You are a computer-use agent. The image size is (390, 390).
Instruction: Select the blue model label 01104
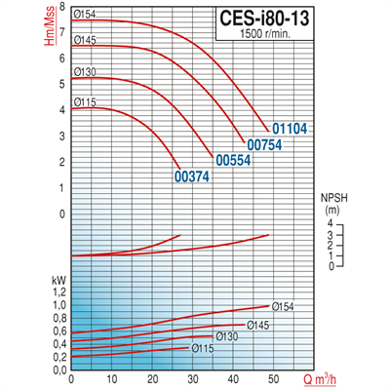[x=290, y=128]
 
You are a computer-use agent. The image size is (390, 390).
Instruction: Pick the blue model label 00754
[x=264, y=144]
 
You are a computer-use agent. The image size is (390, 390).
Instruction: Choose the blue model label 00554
[x=233, y=160]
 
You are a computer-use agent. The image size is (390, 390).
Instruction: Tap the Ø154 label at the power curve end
[x=284, y=307]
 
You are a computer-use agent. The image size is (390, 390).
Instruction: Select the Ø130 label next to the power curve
[x=226, y=336]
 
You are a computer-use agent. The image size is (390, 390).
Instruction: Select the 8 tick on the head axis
[x=61, y=7]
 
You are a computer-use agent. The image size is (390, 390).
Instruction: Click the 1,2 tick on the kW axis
[x=59, y=292]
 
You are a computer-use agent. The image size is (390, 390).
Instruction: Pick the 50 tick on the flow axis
[x=274, y=378]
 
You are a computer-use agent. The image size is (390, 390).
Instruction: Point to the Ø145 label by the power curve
[x=257, y=325]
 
